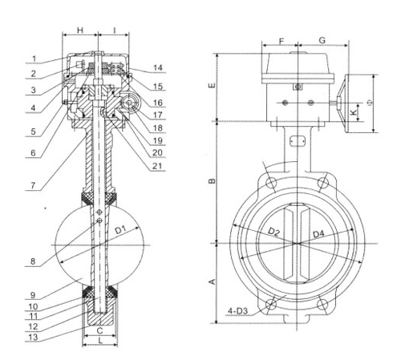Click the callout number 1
(34, 59)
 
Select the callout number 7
(33, 185)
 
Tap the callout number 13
(33, 337)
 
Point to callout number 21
(157, 166)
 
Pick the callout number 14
(158, 68)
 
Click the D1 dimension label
(120, 229)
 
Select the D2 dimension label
(273, 232)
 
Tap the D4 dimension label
(318, 234)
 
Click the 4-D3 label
(237, 311)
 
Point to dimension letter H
(80, 30)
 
